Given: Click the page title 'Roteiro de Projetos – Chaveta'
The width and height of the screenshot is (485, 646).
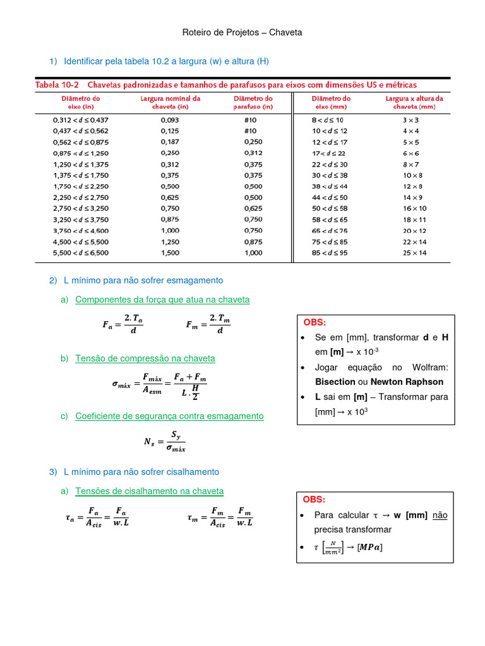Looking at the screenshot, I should point(242,32).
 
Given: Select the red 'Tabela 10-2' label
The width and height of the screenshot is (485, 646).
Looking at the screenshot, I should point(57,85).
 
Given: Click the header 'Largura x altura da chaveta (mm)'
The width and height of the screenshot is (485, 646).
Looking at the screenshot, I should point(414,103).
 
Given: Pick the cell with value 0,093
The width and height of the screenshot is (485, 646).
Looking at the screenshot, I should point(170,119).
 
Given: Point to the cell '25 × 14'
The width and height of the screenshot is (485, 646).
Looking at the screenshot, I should point(414,253).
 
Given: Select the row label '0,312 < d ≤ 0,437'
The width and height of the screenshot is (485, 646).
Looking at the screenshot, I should point(80,119).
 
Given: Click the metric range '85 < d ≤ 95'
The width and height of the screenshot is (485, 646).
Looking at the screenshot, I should point(329,253).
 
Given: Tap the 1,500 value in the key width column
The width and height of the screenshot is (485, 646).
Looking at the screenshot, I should point(170,253).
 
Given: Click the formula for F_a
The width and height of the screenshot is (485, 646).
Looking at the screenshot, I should point(124,325).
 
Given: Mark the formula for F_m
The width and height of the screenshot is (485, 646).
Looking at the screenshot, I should point(208,325).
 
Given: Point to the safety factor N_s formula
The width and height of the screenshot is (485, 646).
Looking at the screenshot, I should point(165,442).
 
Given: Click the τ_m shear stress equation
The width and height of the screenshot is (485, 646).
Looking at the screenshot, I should point(220,518).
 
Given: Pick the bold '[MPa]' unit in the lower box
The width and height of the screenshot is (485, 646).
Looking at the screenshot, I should point(369,547).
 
